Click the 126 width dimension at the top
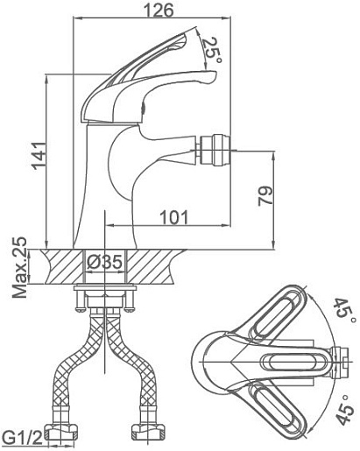pyautogui.click(x=159, y=10)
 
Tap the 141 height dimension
pyautogui.click(x=39, y=156)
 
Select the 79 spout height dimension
pyautogui.click(x=265, y=196)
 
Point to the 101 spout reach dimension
pyautogui.click(x=174, y=217)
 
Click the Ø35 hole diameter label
pyautogui.click(x=104, y=262)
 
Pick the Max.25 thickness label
pyautogui.click(x=19, y=267)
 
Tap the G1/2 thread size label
pyautogui.click(x=22, y=437)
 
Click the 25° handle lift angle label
pyautogui.click(x=212, y=49)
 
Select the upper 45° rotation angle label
pyautogui.click(x=345, y=310)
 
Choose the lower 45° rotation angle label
pyautogui.click(x=344, y=409)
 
